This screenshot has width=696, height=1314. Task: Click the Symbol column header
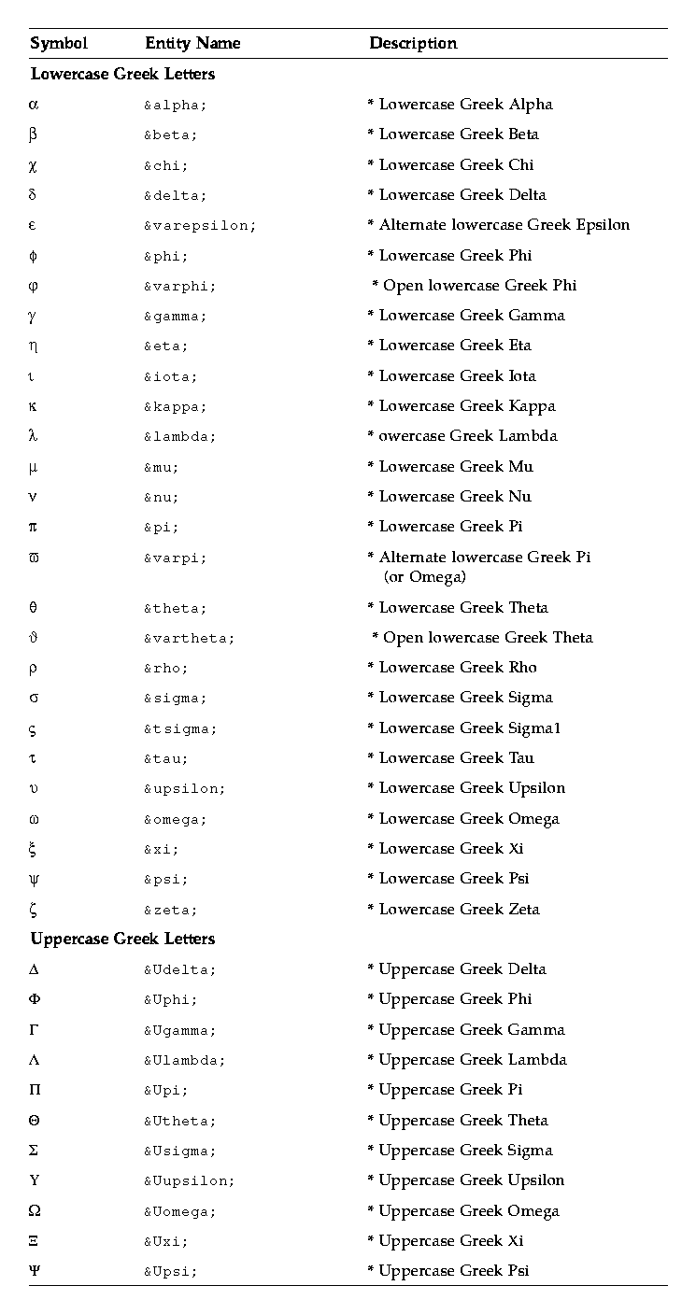tap(58, 43)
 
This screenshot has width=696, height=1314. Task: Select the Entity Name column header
tap(192, 43)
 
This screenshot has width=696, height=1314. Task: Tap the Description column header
tap(413, 43)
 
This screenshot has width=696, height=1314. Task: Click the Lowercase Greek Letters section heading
tap(122, 74)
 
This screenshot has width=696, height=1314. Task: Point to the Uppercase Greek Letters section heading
tap(122, 939)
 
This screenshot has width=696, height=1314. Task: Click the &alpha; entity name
tap(175, 106)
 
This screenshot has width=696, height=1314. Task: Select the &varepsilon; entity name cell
tap(199, 226)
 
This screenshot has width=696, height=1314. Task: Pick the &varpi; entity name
tap(175, 558)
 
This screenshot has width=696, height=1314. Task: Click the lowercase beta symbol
tap(34, 134)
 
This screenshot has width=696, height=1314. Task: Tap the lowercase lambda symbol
tap(34, 436)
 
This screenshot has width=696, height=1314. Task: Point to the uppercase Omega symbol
tap(35, 1210)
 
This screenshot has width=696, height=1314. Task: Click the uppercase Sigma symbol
tap(34, 1151)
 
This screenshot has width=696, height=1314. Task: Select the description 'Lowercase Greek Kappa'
tap(462, 406)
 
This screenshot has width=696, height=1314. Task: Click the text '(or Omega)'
tap(424, 577)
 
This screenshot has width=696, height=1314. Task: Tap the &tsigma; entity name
tap(179, 729)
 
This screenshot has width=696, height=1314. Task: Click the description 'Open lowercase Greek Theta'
tap(482, 638)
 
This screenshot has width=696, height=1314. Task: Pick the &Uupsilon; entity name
tap(189, 1181)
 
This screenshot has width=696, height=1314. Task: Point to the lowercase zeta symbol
tap(34, 909)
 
